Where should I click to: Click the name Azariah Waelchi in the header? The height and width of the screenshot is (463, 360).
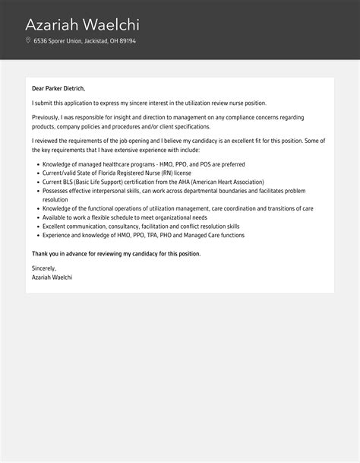tap(82, 24)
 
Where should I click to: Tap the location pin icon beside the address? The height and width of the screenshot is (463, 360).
tap(28, 40)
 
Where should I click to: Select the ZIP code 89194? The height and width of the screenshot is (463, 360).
tap(127, 41)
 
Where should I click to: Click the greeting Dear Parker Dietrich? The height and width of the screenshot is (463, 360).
tap(58, 88)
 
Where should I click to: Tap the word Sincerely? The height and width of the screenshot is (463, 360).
tap(44, 268)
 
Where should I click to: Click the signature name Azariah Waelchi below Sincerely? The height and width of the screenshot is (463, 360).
tap(52, 277)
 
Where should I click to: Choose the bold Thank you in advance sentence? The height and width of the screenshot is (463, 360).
tap(116, 253)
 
